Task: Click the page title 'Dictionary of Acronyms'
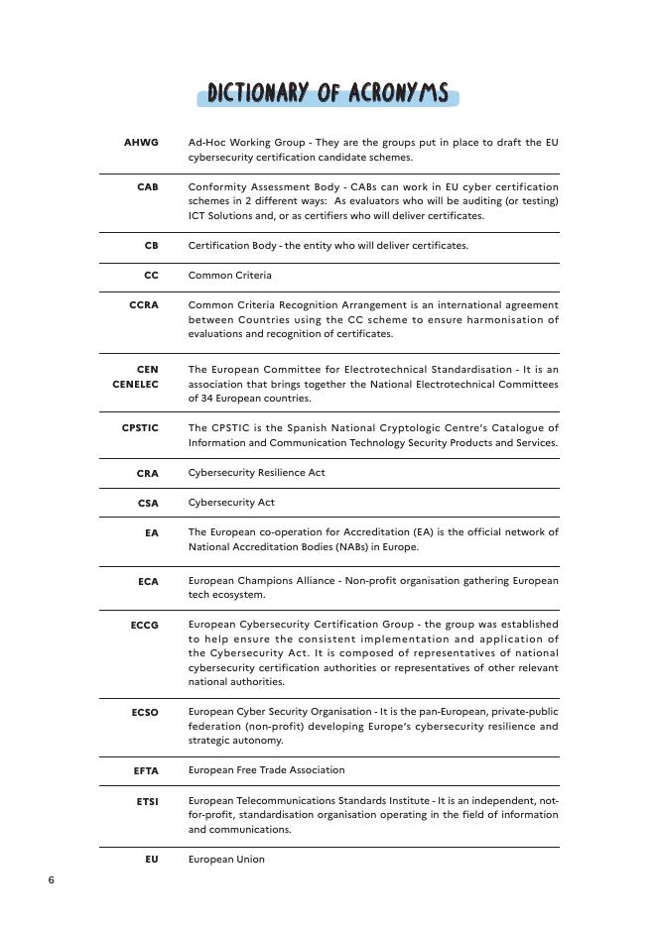[328, 94]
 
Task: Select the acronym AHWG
[141, 143]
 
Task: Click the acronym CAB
[147, 186]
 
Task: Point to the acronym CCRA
[143, 305]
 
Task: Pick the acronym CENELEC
[135, 384]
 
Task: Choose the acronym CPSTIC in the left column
[140, 428]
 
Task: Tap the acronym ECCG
[144, 626]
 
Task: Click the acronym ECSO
[144, 712]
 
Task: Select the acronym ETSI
[147, 800]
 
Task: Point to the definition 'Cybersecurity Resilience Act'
[256, 473]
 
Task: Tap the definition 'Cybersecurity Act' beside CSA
[231, 503]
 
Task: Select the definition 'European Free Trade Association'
[266, 770]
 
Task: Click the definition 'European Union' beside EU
[226, 860]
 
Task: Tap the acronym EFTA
[146, 770]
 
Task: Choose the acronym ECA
[148, 582]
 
